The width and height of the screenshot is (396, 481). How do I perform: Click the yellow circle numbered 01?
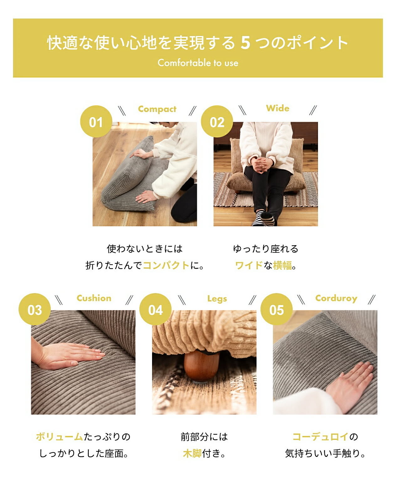[x=96, y=121]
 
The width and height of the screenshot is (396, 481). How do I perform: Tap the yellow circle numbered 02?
[x=217, y=121]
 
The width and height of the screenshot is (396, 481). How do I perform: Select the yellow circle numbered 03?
[x=34, y=309]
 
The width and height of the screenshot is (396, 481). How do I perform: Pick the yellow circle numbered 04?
[x=155, y=309]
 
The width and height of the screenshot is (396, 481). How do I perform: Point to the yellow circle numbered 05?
[x=276, y=309]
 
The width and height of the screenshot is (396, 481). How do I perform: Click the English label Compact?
[x=157, y=109]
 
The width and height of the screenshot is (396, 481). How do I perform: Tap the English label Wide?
[x=277, y=108]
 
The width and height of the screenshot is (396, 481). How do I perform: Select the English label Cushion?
[x=94, y=298]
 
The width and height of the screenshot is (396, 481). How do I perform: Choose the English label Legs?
[x=217, y=299]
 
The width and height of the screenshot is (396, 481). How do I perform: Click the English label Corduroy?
[x=336, y=298]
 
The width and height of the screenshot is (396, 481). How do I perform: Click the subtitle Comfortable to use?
[x=198, y=63]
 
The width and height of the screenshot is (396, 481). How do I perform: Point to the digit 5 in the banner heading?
[x=245, y=43]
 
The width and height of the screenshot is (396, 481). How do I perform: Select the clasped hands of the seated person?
[x=262, y=165]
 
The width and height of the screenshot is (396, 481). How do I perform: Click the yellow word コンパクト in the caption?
[x=166, y=266]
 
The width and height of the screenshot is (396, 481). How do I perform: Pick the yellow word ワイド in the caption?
[x=249, y=266]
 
